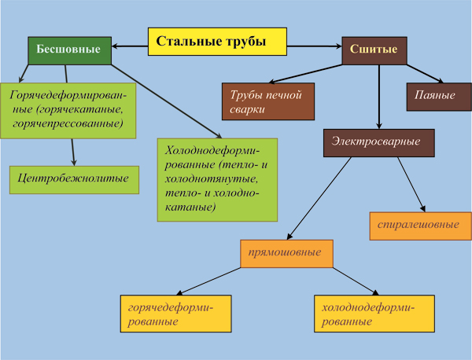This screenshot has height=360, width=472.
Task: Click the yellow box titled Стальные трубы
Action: pos(217,42)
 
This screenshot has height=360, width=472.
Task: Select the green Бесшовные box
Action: pos(69,50)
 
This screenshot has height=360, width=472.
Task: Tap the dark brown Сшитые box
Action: pos(374,50)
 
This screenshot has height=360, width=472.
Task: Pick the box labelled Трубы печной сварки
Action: pos(268,101)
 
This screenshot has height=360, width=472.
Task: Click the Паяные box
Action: pos(439,97)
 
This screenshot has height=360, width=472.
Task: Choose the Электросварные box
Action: pos(379,143)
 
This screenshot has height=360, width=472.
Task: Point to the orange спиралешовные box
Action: pos(421,226)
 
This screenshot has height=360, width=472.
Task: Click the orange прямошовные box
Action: pos(286,254)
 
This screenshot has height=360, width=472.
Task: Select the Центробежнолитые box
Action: pos(74,180)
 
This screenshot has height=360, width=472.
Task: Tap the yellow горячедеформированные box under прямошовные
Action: pos(175,314)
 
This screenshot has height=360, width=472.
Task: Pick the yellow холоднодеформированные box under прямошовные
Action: pos(374,314)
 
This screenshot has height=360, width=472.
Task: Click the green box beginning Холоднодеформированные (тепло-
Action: pos(217,180)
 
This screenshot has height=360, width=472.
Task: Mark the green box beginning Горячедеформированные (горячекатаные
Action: pos(68,111)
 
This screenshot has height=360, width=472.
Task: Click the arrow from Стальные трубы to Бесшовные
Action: pos(130,46)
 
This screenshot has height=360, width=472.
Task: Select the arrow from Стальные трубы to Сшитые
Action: pos(314,46)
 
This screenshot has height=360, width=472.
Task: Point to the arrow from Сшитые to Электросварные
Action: pos(379,97)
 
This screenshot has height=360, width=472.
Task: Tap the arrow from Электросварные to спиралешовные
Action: pos(411,185)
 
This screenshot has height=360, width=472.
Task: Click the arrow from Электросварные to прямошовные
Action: pos(319,199)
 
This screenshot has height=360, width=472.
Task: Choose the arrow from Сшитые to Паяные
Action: pos(425,74)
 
